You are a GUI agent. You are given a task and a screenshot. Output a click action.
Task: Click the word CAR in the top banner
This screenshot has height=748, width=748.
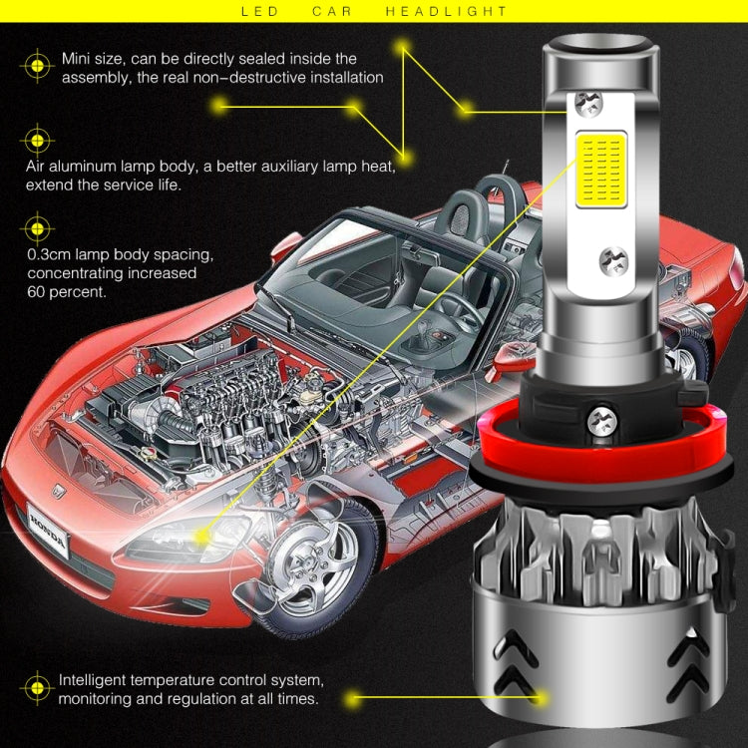click(330, 12)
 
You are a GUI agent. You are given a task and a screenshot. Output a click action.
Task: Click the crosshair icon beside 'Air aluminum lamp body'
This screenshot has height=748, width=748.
click(37, 140)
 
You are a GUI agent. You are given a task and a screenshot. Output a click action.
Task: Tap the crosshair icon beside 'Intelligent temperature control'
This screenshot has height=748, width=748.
click(37, 686)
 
